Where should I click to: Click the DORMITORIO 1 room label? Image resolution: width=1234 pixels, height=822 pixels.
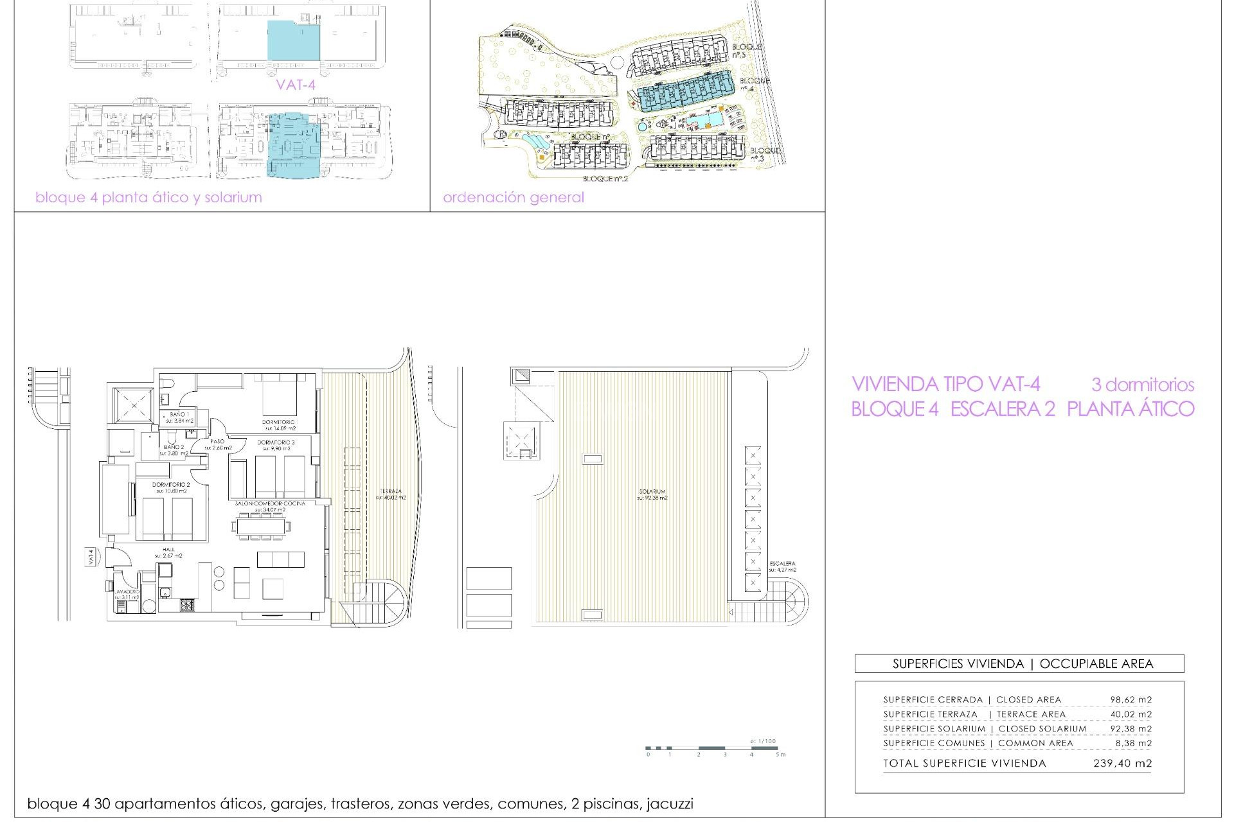coord(279,422)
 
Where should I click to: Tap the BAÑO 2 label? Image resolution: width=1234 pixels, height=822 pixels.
coord(174,447)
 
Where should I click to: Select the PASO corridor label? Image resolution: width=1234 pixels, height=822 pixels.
coord(217,442)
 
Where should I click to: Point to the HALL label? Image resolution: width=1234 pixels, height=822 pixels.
coord(168,550)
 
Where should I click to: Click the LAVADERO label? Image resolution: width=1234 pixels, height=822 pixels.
coord(127,591)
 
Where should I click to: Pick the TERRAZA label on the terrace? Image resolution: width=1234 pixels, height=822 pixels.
coord(391,491)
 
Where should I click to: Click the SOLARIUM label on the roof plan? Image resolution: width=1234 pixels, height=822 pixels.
coord(652,492)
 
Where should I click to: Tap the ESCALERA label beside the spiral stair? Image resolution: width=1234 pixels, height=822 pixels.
coord(782,564)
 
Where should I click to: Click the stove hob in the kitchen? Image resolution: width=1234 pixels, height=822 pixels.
coord(187,605)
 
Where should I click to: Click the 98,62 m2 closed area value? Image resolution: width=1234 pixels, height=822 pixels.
coord(1131,700)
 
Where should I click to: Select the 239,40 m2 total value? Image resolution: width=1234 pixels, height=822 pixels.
coord(1122,764)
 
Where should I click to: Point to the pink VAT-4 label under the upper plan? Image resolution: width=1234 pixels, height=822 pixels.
coord(296,84)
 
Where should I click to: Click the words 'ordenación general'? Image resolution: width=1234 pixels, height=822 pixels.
coord(514,197)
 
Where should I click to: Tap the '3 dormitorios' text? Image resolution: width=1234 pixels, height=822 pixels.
coord(1142,385)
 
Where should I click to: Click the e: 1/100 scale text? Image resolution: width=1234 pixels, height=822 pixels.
coord(763,741)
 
